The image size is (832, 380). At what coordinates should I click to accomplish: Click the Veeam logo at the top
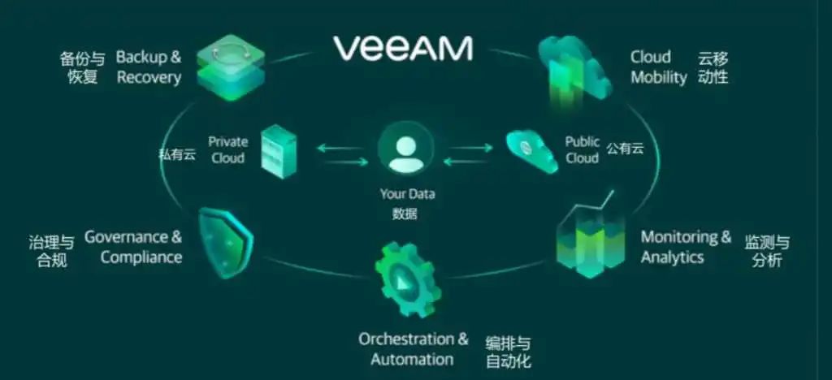[403, 49]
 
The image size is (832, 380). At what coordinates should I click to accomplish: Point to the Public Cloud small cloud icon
[532, 149]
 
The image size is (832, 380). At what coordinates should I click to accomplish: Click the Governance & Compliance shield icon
[226, 243]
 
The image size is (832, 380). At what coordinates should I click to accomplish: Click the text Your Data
[407, 194]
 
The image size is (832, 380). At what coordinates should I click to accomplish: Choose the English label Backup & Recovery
[149, 67]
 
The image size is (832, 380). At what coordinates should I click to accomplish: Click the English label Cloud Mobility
[658, 67]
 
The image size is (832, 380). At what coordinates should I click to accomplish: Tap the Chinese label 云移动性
[713, 67]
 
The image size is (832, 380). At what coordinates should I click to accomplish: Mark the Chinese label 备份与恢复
[82, 68]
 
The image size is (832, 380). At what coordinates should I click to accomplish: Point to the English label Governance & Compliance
[134, 247]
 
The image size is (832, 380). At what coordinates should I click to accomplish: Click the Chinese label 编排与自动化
[508, 351]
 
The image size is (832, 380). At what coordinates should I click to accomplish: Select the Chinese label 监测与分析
[766, 251]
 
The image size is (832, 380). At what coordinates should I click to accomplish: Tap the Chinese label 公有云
[624, 148]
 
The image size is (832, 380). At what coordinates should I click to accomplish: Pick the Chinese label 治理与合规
[51, 251]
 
